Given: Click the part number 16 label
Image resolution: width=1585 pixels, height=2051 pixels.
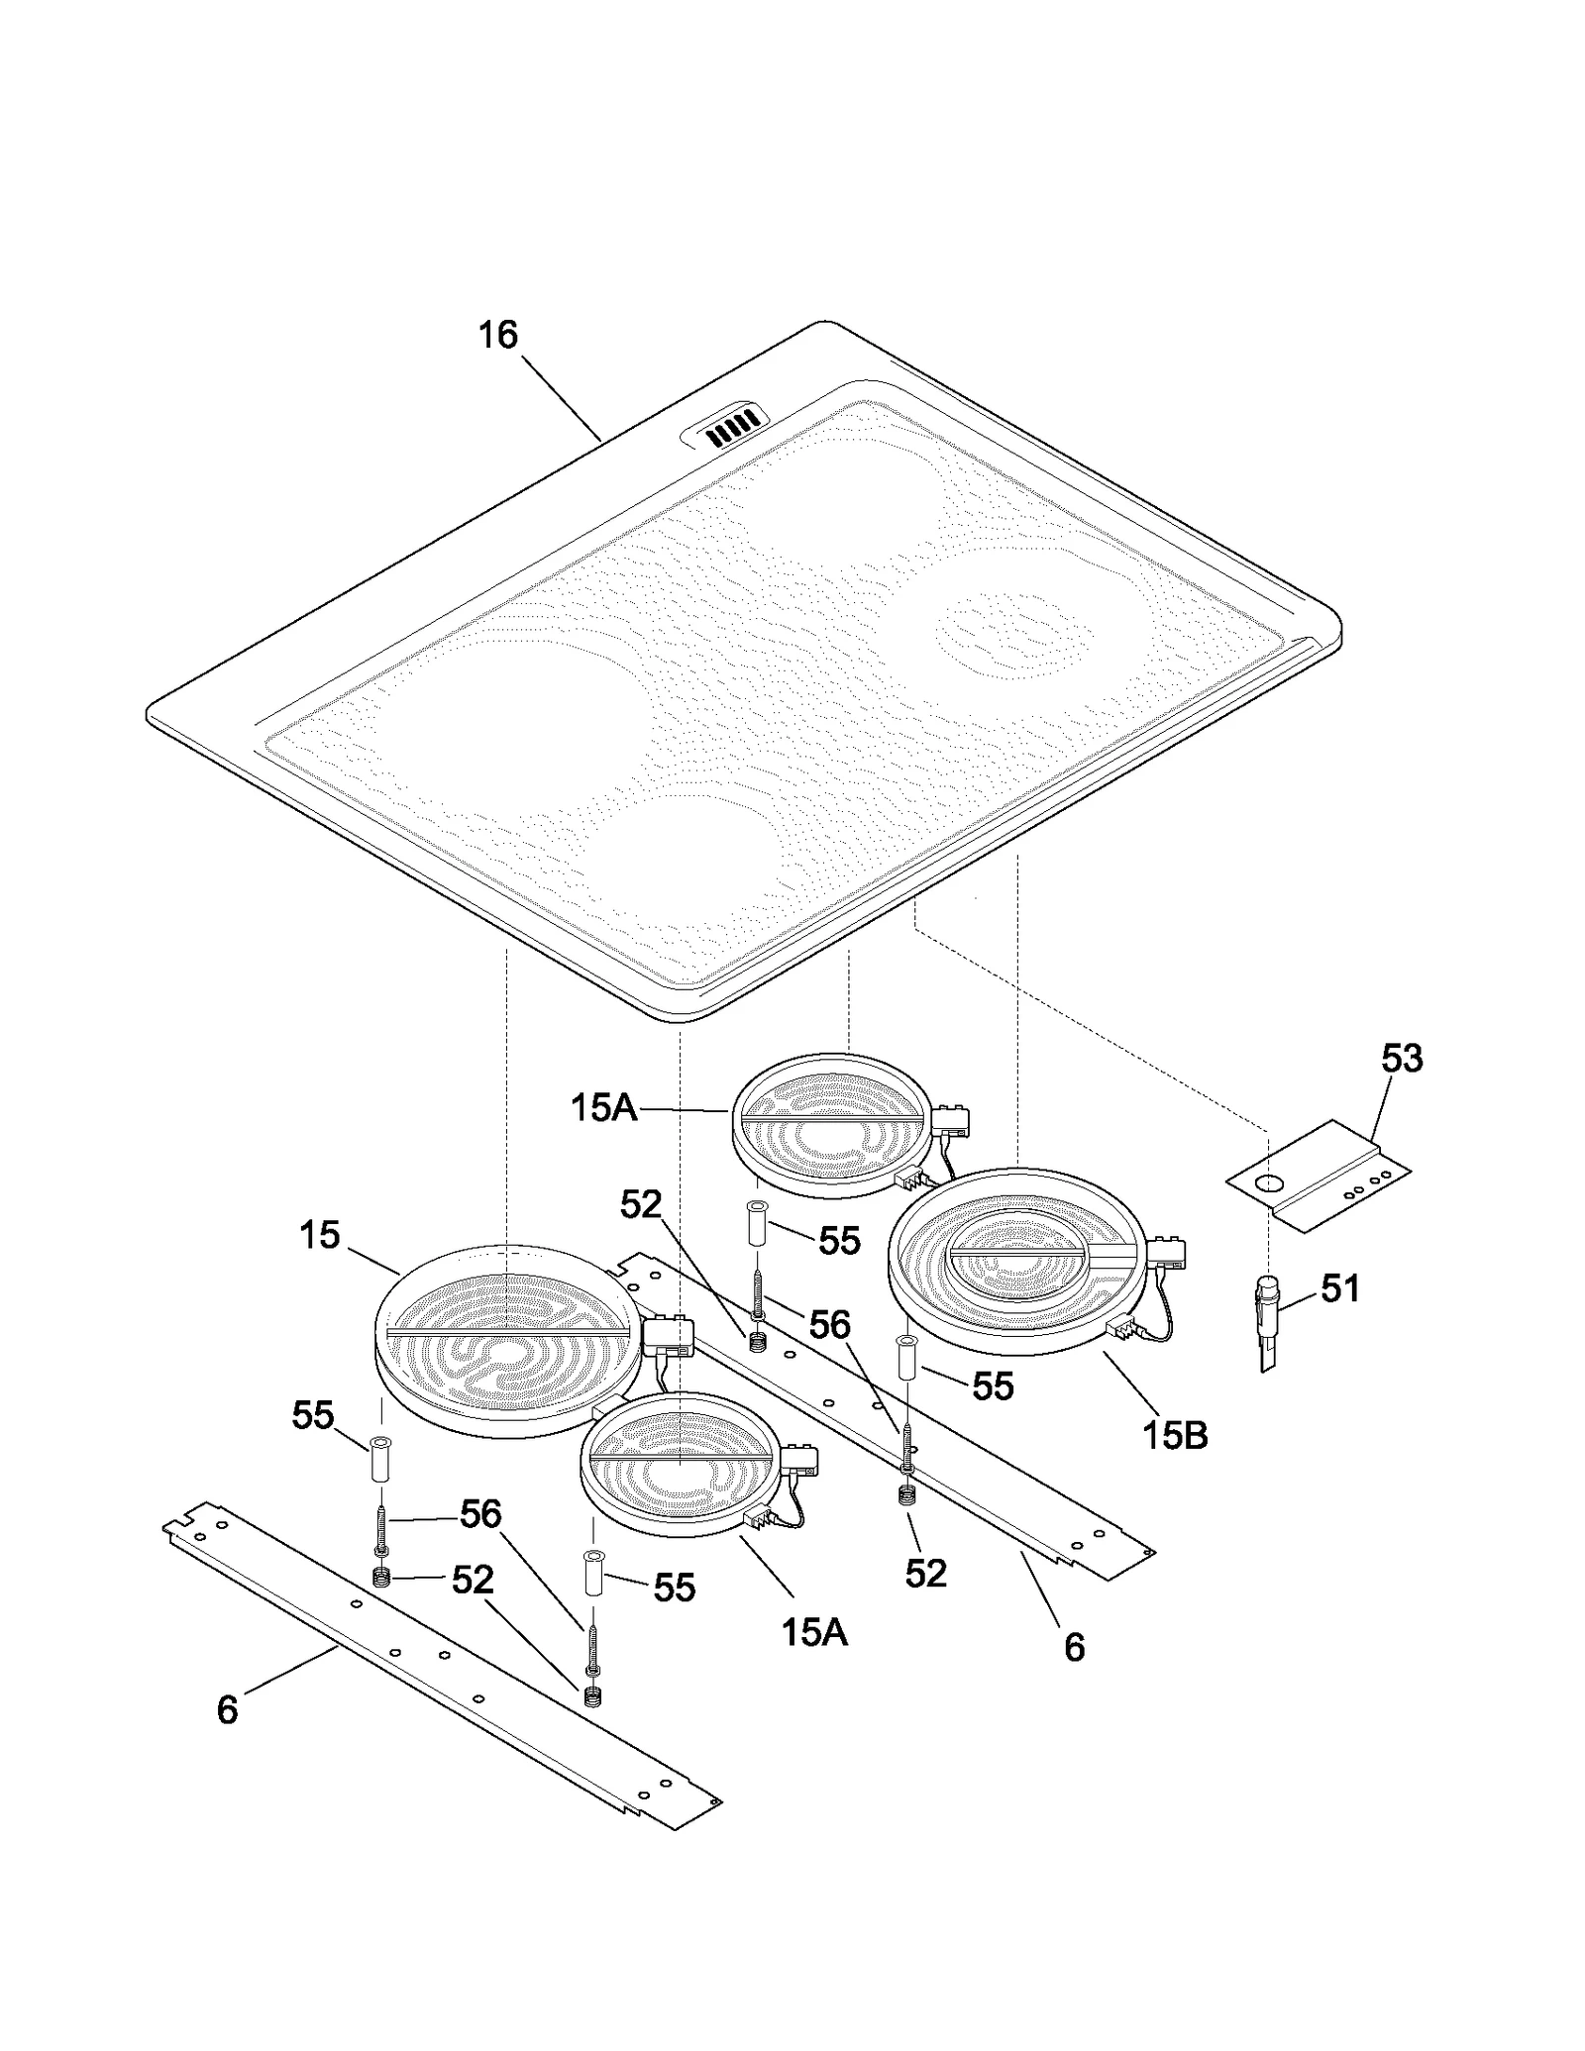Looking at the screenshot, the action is (498, 335).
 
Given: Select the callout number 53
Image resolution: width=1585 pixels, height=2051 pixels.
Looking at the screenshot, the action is (1402, 1059).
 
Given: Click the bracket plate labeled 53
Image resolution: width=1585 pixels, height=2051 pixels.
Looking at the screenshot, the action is (1318, 1176).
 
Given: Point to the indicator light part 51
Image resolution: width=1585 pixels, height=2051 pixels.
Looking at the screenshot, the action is (1268, 1323).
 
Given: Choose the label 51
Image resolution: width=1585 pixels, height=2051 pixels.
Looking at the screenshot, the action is (1340, 1288).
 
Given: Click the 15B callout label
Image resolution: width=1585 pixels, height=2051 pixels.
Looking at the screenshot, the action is (1175, 1435).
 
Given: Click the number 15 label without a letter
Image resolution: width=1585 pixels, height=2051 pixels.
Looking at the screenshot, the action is (319, 1235).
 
